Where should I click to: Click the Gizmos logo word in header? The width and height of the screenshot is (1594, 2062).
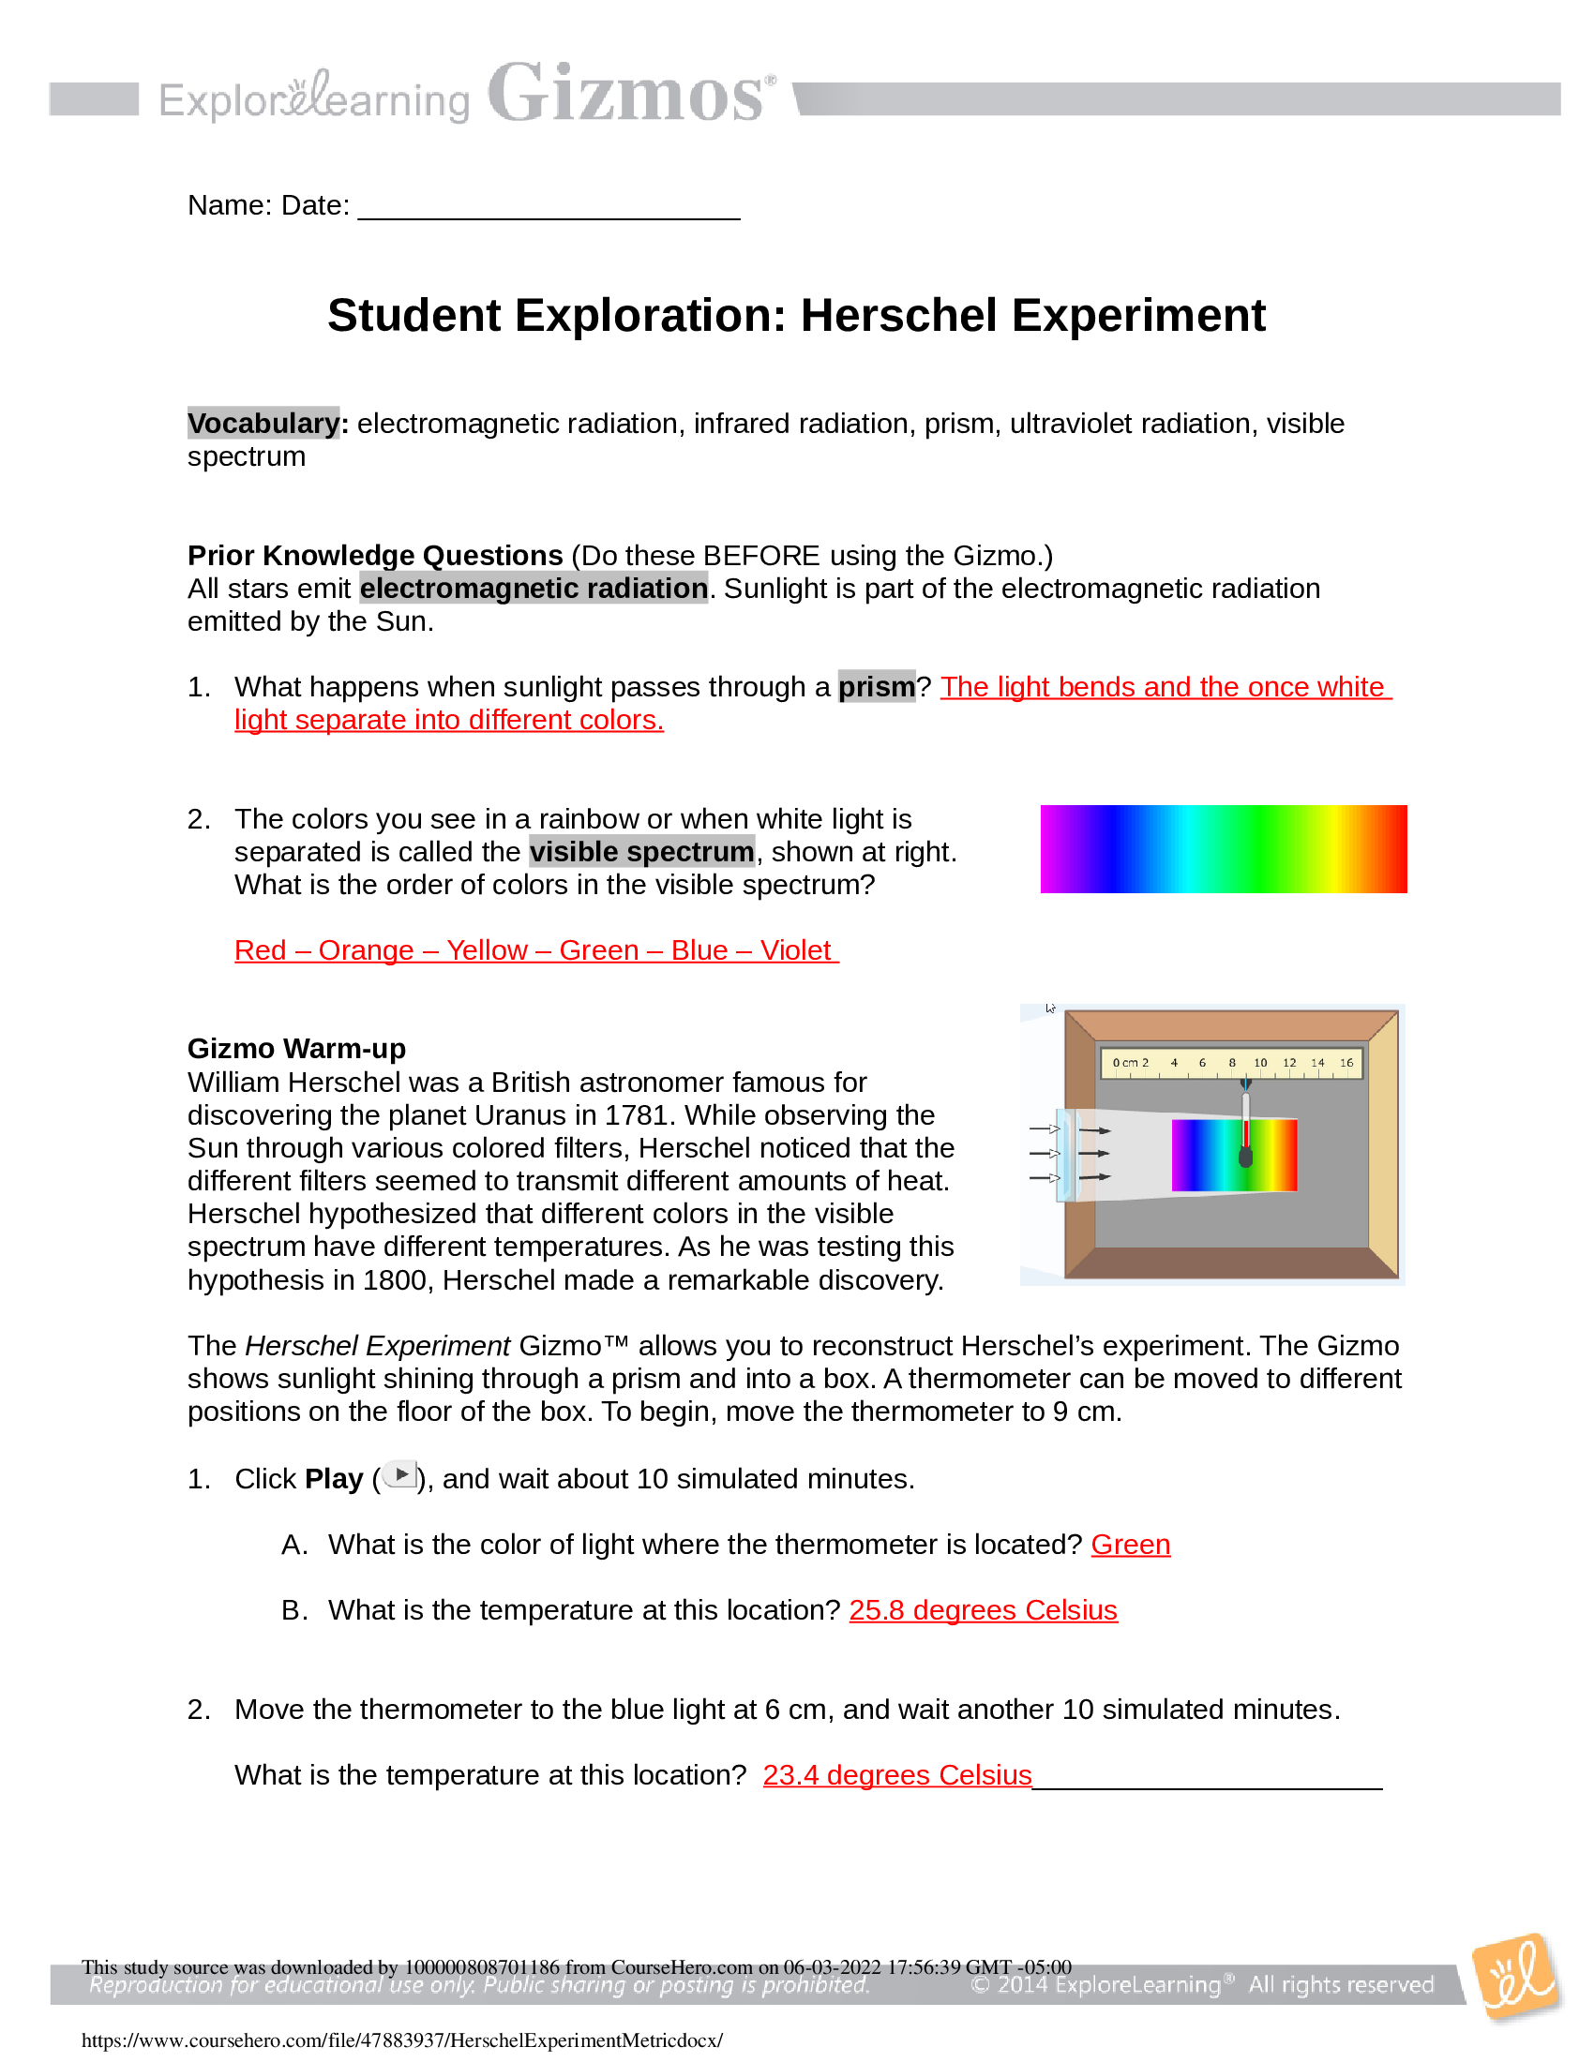628,95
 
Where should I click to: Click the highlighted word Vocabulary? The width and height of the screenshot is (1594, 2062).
263,423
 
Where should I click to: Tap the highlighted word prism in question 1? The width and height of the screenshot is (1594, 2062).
877,686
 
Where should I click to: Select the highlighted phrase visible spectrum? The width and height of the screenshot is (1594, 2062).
641,852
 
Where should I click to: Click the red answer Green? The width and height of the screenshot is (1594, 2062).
1130,1545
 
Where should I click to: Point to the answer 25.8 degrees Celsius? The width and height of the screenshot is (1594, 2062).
982,1609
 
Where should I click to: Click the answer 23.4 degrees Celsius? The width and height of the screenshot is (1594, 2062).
896,1775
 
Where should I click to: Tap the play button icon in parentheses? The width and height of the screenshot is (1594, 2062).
401,1474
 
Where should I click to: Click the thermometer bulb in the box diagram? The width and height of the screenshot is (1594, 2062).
1245,1158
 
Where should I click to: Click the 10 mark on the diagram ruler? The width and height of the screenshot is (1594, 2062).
1259,1063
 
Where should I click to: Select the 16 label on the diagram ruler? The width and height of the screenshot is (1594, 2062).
1346,1063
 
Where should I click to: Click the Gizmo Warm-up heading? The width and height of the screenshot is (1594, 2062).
296,1049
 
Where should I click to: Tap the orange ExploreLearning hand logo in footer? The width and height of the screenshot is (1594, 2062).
1515,1978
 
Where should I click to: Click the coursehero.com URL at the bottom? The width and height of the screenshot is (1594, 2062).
402,2040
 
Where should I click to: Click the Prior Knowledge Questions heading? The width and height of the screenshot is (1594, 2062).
375,555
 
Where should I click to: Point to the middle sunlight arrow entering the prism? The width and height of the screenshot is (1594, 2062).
1045,1154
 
